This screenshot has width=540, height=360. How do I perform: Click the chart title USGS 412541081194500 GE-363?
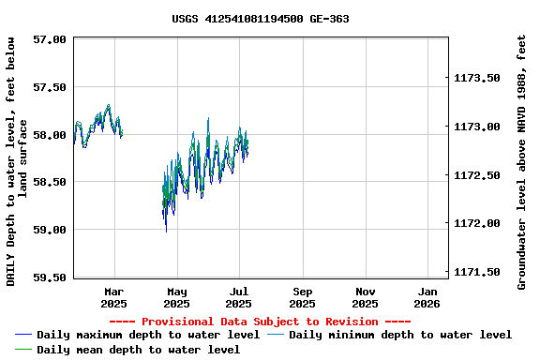(261, 19)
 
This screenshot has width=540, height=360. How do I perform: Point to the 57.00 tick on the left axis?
(49, 39)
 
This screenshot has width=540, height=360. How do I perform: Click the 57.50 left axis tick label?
(49, 87)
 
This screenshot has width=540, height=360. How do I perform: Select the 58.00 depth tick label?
(49, 135)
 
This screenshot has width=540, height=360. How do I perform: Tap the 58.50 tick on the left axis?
(49, 182)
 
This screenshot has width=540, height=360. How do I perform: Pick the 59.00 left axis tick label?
(49, 230)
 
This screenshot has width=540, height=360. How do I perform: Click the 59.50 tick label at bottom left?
(49, 277)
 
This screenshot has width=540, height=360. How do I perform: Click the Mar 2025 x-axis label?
(113, 297)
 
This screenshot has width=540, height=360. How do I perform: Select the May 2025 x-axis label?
(176, 297)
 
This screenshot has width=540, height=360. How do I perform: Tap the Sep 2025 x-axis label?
(302, 297)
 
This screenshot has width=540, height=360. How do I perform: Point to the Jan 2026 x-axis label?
(427, 297)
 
